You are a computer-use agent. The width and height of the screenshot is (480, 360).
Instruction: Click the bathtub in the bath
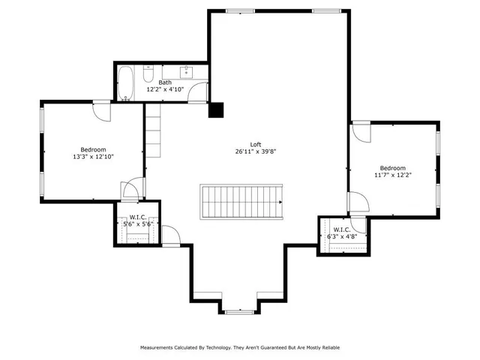(x=125, y=82)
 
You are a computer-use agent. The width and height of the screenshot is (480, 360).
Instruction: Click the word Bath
(x=165, y=82)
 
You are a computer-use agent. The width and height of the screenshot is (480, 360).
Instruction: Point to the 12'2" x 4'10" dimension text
(x=165, y=89)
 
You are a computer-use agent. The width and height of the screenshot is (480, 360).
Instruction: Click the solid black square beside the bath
(x=216, y=109)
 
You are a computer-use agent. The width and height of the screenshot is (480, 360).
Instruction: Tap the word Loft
(x=256, y=145)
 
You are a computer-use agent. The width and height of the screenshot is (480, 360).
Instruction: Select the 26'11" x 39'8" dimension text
(x=256, y=151)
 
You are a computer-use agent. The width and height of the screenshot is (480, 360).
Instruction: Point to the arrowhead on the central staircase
(x=277, y=200)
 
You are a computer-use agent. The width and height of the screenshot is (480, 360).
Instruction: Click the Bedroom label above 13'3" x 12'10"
(x=94, y=149)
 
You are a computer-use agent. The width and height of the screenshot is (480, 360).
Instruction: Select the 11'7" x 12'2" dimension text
(x=392, y=175)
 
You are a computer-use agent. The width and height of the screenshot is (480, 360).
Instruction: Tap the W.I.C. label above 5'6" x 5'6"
(x=138, y=217)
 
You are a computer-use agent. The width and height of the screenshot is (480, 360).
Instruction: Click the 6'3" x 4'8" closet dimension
(x=342, y=236)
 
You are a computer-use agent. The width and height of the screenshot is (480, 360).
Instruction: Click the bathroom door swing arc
(x=197, y=91)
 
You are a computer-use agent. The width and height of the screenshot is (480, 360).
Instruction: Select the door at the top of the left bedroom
(x=101, y=111)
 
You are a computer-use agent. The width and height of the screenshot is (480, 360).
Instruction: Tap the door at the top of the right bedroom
(x=361, y=131)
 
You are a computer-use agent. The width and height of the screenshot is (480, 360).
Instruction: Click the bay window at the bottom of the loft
(x=240, y=309)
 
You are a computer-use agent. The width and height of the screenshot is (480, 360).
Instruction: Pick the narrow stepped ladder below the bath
(x=154, y=130)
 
